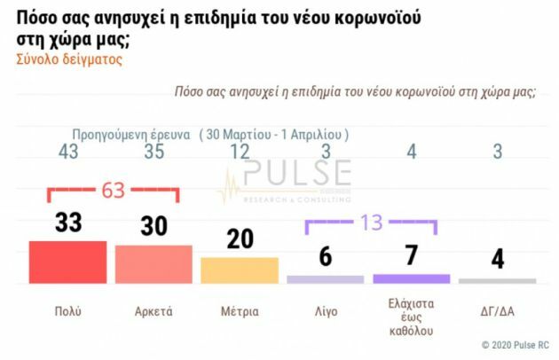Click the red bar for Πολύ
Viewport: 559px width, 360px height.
(x=67, y=262)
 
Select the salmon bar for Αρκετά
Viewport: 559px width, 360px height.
(x=154, y=264)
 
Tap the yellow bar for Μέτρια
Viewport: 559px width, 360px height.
(x=240, y=270)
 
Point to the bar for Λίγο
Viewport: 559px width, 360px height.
(x=326, y=279)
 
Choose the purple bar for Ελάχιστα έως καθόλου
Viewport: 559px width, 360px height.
(x=412, y=278)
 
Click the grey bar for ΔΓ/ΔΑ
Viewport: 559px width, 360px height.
(x=498, y=280)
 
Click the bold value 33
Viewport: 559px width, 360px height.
(x=67, y=223)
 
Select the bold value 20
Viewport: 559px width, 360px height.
(x=240, y=239)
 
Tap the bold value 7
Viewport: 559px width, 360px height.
(x=412, y=256)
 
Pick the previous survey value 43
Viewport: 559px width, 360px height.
(x=67, y=153)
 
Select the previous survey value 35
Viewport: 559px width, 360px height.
(x=154, y=153)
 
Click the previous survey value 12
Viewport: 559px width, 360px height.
(x=240, y=153)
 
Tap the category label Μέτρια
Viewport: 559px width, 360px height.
(x=240, y=311)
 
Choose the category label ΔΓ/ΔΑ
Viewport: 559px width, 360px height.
(x=498, y=311)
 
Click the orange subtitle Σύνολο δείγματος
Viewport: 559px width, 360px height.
(x=68, y=59)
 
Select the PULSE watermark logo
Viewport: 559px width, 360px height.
(x=284, y=177)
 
